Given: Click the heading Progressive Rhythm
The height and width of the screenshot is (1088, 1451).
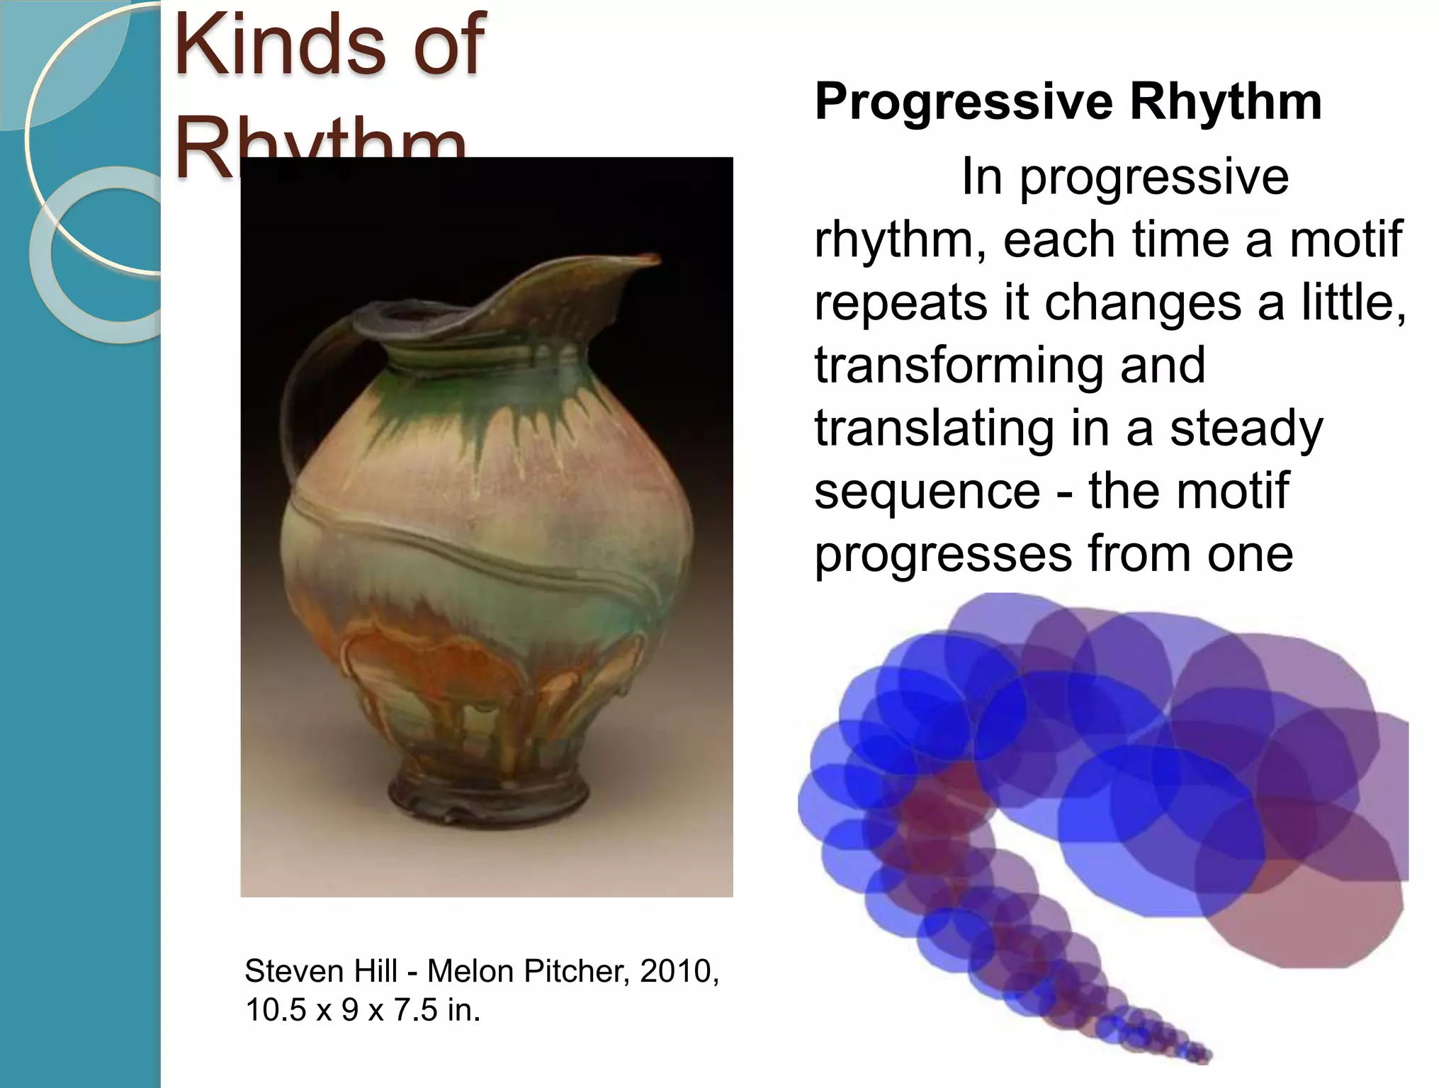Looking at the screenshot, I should pos(1068,101).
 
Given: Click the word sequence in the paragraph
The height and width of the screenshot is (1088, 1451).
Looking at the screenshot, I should pos(927,491).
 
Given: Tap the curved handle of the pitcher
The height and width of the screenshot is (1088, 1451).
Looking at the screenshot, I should pos(292,397).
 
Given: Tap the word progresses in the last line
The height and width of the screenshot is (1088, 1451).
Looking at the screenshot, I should pos(942,554).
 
